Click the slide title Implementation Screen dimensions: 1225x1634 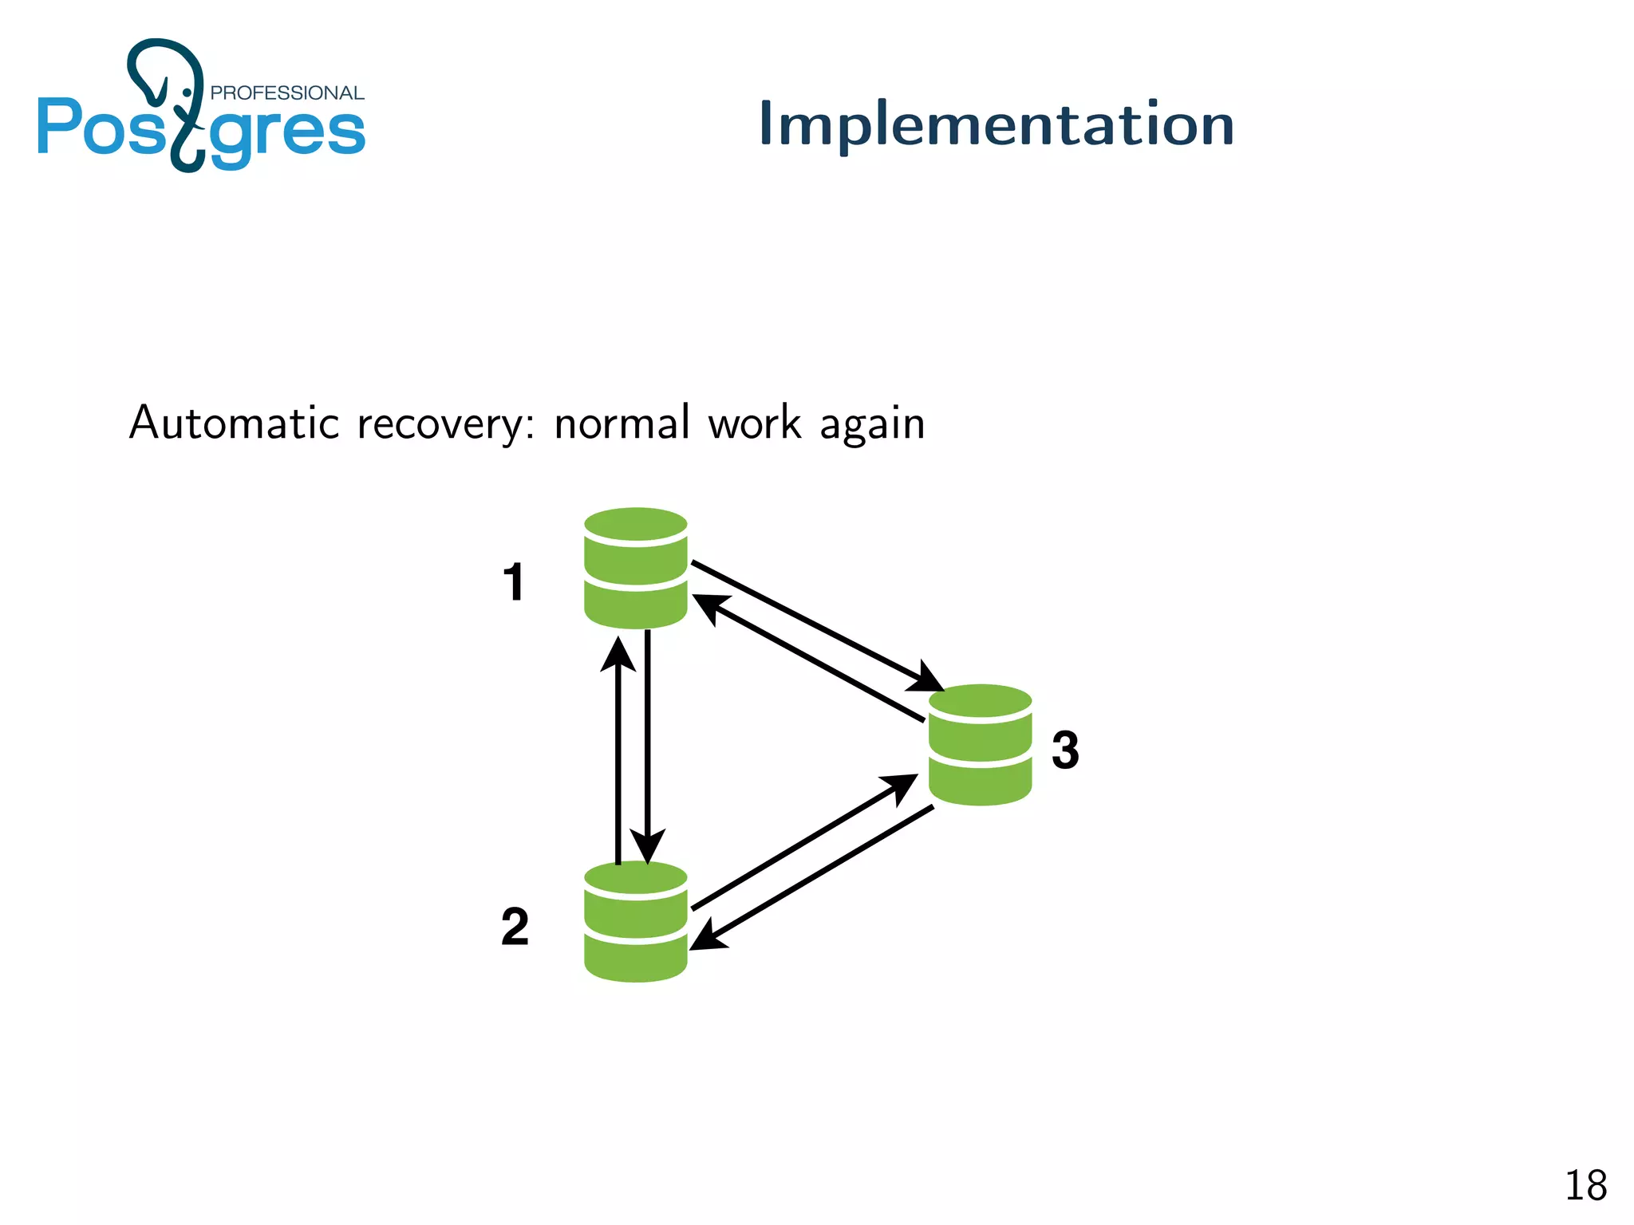point(996,124)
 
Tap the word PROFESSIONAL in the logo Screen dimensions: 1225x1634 point(286,93)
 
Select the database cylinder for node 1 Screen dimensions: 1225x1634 point(635,568)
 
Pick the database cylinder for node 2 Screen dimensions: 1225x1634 point(635,921)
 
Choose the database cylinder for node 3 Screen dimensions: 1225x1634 point(980,745)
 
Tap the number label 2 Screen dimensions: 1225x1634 point(515,927)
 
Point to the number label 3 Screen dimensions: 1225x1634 point(1064,750)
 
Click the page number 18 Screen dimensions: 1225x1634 point(1585,1185)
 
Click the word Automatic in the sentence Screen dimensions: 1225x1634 point(235,423)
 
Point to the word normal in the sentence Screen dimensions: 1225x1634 point(622,423)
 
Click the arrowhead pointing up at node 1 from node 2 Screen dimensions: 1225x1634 point(618,655)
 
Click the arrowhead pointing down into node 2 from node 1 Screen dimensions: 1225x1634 point(647,845)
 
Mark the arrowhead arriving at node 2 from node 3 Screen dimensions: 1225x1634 point(708,938)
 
